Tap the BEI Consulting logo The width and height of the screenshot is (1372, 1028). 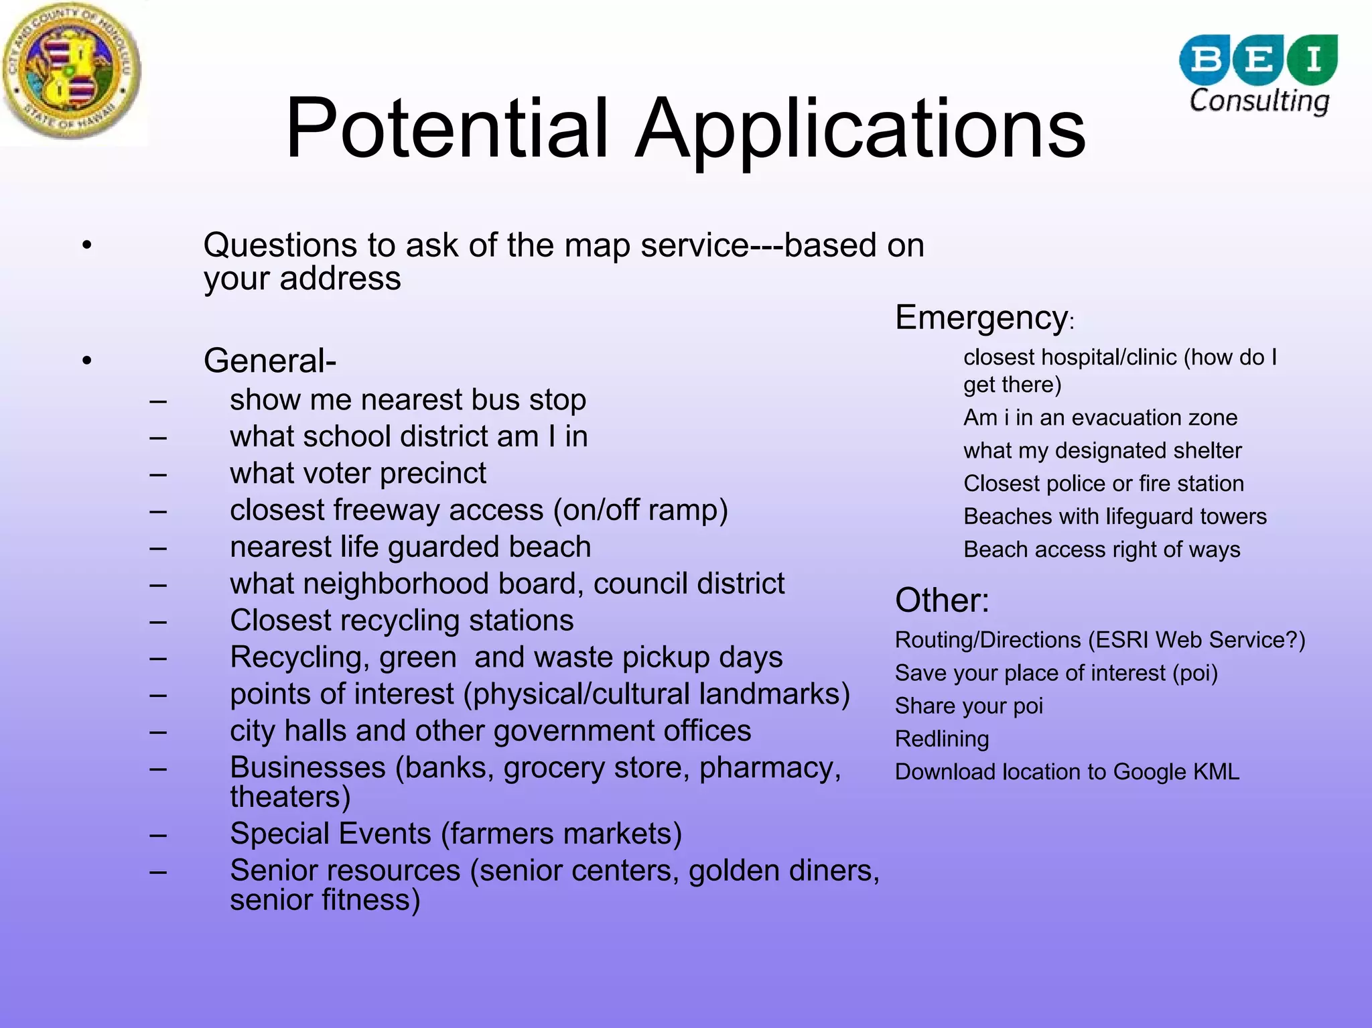(1258, 74)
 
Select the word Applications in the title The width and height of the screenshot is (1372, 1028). (860, 129)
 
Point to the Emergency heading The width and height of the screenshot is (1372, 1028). (981, 318)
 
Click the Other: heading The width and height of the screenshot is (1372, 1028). (942, 600)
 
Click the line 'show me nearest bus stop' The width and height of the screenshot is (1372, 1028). (407, 400)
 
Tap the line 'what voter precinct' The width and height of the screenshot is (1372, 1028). (358, 474)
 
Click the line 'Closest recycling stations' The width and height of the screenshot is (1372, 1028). (401, 621)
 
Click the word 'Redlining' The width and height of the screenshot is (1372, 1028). (941, 739)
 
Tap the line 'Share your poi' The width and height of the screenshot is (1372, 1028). (969, 706)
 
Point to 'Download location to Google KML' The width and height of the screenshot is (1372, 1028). (1067, 772)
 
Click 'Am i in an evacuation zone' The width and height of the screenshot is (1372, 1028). (1100, 418)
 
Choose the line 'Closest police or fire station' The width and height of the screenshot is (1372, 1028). (1103, 484)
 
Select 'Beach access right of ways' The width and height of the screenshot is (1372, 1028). (1101, 550)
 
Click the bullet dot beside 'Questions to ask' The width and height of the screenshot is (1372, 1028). (86, 246)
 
